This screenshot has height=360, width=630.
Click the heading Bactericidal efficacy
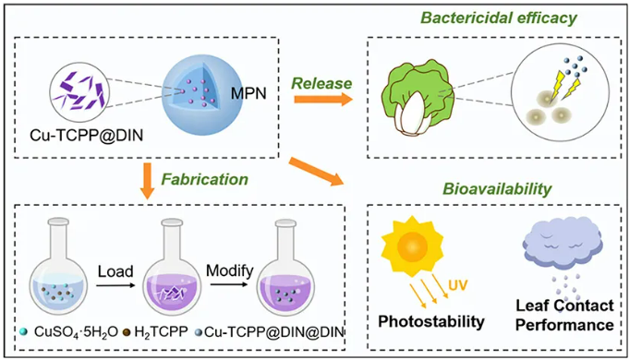(498, 18)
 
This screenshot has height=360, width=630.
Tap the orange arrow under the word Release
(323, 99)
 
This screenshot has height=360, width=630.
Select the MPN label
(248, 93)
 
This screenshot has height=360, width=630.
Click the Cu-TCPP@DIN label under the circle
(87, 136)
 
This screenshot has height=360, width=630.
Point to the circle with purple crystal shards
(79, 91)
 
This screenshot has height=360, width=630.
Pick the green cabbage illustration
(418, 96)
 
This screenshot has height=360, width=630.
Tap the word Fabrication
(204, 179)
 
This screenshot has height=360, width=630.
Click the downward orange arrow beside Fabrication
(147, 181)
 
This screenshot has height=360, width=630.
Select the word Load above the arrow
(115, 271)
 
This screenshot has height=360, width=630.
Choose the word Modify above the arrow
(229, 270)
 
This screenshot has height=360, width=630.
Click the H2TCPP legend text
(161, 332)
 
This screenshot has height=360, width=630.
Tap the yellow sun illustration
(412, 246)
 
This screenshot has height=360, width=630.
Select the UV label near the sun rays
(458, 285)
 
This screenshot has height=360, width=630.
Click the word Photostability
(431, 321)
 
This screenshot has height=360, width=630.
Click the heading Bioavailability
(497, 188)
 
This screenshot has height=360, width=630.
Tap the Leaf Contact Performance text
(564, 316)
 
